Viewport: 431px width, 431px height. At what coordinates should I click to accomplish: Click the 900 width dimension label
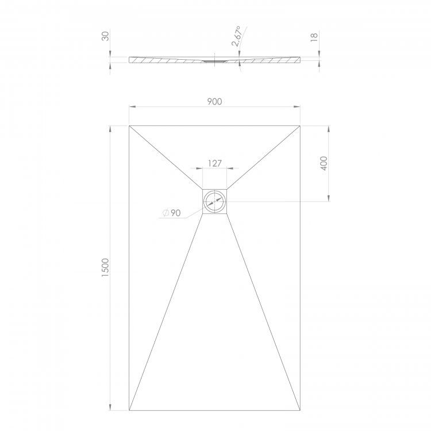point(214,102)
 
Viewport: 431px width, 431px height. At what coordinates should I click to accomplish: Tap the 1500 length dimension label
point(105,267)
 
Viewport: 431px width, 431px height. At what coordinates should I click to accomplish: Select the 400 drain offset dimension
point(324,163)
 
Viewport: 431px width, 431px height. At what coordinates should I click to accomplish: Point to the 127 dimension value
point(215,164)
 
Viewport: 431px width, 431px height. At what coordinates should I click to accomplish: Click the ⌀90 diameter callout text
point(172,213)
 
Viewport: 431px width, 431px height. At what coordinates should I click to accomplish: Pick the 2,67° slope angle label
point(237,36)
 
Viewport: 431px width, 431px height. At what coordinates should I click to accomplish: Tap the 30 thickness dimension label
point(105,36)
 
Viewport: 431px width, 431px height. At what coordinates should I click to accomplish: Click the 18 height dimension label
point(314,37)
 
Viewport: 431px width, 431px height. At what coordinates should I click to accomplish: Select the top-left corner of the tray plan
point(129,126)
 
